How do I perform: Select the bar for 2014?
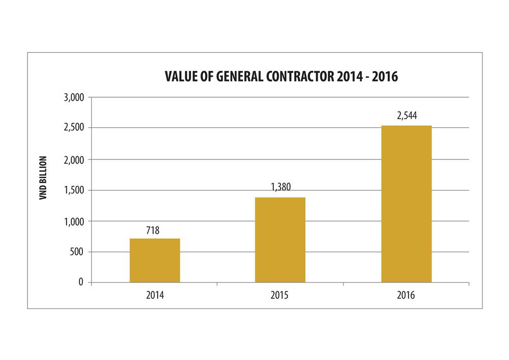(x=155, y=260)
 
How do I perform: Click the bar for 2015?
(x=280, y=240)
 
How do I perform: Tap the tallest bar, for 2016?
(x=406, y=204)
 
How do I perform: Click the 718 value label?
(x=153, y=231)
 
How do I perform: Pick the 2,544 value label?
(x=407, y=116)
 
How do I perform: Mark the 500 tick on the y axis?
(x=79, y=252)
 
